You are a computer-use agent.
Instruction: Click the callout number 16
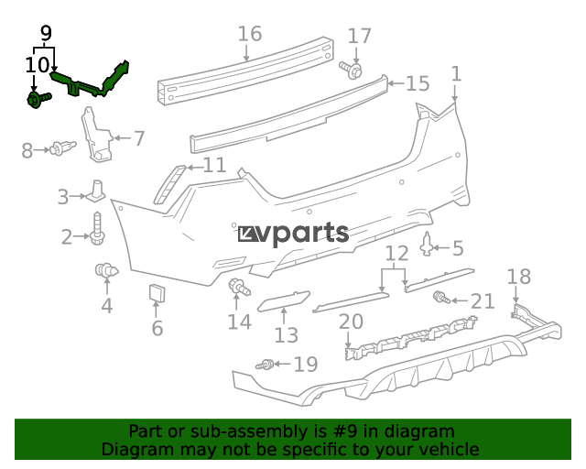pos(250,34)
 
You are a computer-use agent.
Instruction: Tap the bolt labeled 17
pos(351,70)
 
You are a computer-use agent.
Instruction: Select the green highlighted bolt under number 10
pos(38,100)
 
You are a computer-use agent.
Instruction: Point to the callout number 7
pos(139,138)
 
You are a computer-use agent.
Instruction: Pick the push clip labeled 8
pos(63,148)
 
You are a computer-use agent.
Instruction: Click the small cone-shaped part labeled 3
pos(96,191)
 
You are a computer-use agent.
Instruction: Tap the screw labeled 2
pos(97,228)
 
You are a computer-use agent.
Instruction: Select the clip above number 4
pos(106,270)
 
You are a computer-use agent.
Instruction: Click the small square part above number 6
pos(157,293)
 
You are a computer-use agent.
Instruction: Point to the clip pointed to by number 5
pos(427,245)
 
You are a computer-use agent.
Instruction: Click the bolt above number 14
pos(240,287)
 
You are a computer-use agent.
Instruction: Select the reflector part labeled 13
pos(284,301)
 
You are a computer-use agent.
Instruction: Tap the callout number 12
pos(396,254)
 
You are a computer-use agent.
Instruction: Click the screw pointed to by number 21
pos(441,298)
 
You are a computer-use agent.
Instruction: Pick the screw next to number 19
pos(265,365)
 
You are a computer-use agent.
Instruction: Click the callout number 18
pos(519,277)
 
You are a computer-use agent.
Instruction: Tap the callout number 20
pos(351,322)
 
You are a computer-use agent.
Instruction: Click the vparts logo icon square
pos(247,234)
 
